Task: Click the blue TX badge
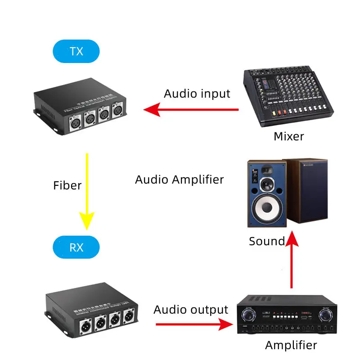tap(76, 51)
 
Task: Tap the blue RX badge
tap(76, 247)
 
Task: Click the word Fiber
tap(67, 185)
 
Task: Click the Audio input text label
tap(197, 94)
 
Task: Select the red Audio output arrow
tap(193, 324)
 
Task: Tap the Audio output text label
tap(191, 310)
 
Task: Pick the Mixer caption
tap(289, 136)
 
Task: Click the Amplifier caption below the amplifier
tap(291, 345)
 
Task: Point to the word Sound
tap(267, 242)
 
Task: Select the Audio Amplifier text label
tap(179, 180)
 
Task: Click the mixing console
tap(288, 97)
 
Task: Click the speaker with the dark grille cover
tap(308, 191)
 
